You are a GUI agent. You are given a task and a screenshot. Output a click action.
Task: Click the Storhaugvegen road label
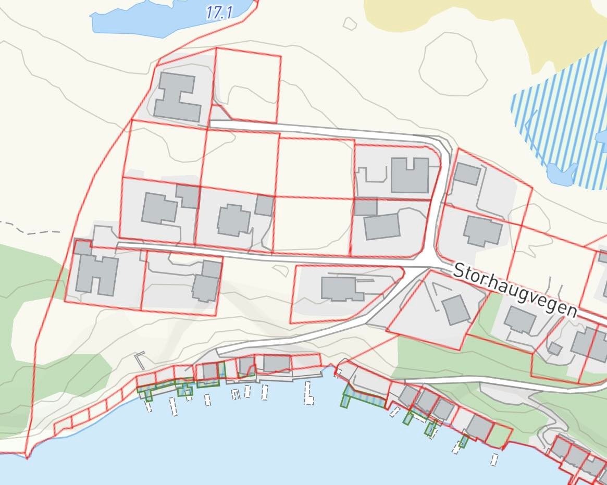pos(515,290)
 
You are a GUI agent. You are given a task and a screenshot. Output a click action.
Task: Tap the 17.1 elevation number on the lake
pos(218,12)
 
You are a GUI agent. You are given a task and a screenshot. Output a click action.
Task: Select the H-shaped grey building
pos(178,97)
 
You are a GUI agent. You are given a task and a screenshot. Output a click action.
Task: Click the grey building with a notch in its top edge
pos(410,175)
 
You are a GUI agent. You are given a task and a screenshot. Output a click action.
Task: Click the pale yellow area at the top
pos(469,26)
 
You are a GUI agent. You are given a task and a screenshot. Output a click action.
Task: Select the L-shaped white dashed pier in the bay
pos(308,393)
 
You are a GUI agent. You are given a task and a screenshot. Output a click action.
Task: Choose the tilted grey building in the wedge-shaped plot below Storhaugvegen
pos(456,309)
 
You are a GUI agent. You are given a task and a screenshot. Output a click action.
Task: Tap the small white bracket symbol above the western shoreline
pos(139,359)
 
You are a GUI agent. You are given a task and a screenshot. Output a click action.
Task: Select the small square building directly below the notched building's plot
pos(366,206)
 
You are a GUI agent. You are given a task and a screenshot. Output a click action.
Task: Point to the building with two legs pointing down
pos(97,273)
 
